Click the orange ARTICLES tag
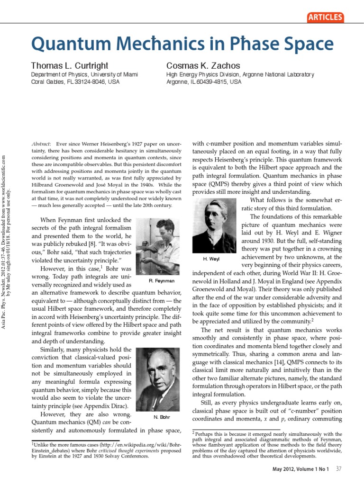tap(325, 18)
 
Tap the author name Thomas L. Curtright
tap(70, 66)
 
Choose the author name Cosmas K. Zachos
tap(203, 66)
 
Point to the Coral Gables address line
tap(75, 81)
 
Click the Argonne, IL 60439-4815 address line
tap(203, 81)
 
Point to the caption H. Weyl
tap(211, 259)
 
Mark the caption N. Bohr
tap(162, 417)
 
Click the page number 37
tap(338, 469)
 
